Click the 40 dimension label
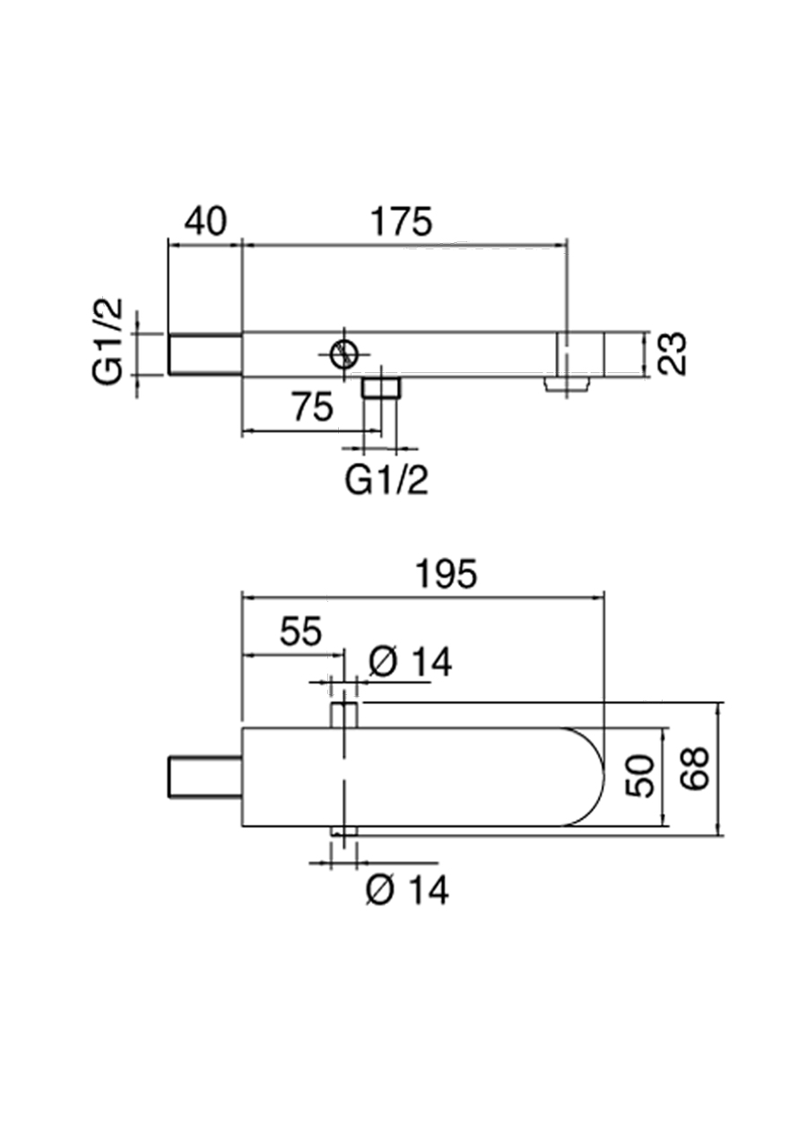click(x=205, y=222)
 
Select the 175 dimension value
click(x=402, y=222)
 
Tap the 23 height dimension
click(x=672, y=353)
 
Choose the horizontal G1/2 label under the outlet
click(x=386, y=482)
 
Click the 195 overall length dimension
click(x=445, y=575)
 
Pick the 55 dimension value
click(x=299, y=632)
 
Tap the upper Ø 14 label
click(x=410, y=663)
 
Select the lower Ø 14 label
click(x=407, y=890)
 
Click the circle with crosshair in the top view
click(x=342, y=355)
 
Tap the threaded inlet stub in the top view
click(x=205, y=354)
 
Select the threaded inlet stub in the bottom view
click(x=205, y=777)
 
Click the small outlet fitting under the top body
click(x=381, y=387)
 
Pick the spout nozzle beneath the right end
click(x=567, y=384)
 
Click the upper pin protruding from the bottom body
click(x=345, y=716)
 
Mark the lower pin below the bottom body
click(x=344, y=833)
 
